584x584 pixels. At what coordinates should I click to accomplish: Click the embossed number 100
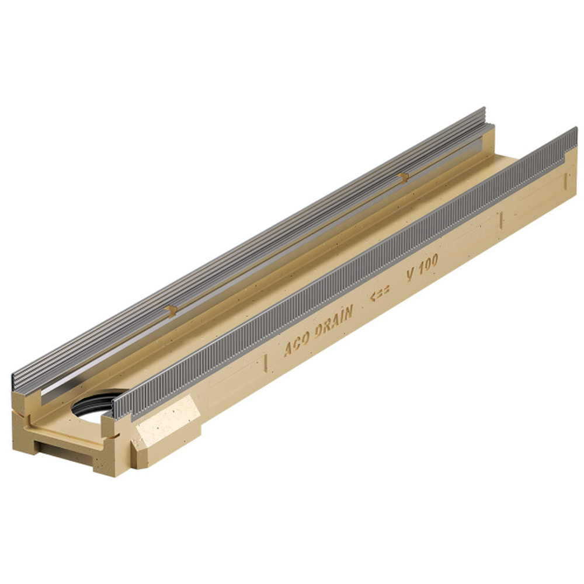(x=427, y=265)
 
